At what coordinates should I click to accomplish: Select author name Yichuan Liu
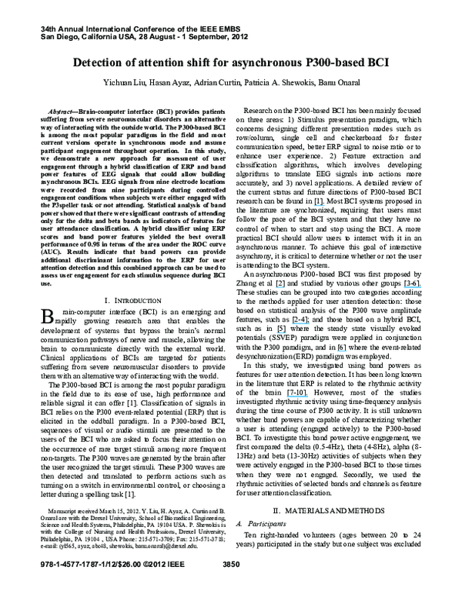pyautogui.click(x=115, y=82)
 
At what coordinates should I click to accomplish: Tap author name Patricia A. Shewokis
pyautogui.click(x=273, y=82)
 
